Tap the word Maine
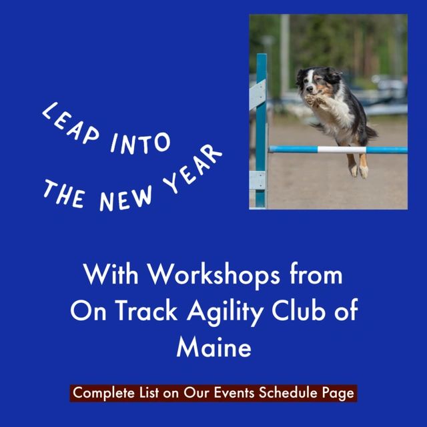point(213,348)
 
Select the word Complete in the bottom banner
point(99,394)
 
